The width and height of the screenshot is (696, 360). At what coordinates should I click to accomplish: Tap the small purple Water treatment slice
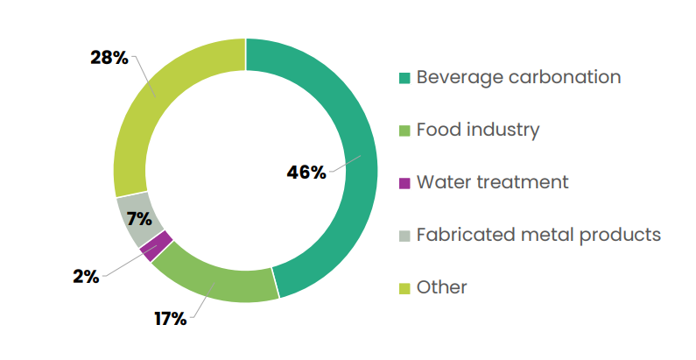(156, 246)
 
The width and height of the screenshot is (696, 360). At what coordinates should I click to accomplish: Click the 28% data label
(109, 59)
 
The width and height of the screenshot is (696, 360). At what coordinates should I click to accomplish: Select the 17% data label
(170, 319)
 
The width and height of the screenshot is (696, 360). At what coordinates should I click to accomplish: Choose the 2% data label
(86, 277)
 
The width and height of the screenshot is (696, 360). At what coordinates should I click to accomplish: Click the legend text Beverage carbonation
(518, 77)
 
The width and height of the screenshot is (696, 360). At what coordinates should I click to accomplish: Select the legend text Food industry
(478, 130)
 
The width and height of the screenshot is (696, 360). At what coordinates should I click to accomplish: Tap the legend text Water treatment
(492, 182)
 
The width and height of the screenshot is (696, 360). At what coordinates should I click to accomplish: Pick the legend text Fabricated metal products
(538, 235)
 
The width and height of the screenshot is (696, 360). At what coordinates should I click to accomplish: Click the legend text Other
(441, 287)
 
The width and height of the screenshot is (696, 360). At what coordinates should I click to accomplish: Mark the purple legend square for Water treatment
(404, 184)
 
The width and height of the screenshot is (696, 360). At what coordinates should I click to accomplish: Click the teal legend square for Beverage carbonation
(404, 79)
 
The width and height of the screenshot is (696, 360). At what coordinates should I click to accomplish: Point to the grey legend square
(404, 236)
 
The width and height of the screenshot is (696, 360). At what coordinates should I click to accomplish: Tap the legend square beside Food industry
(404, 131)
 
